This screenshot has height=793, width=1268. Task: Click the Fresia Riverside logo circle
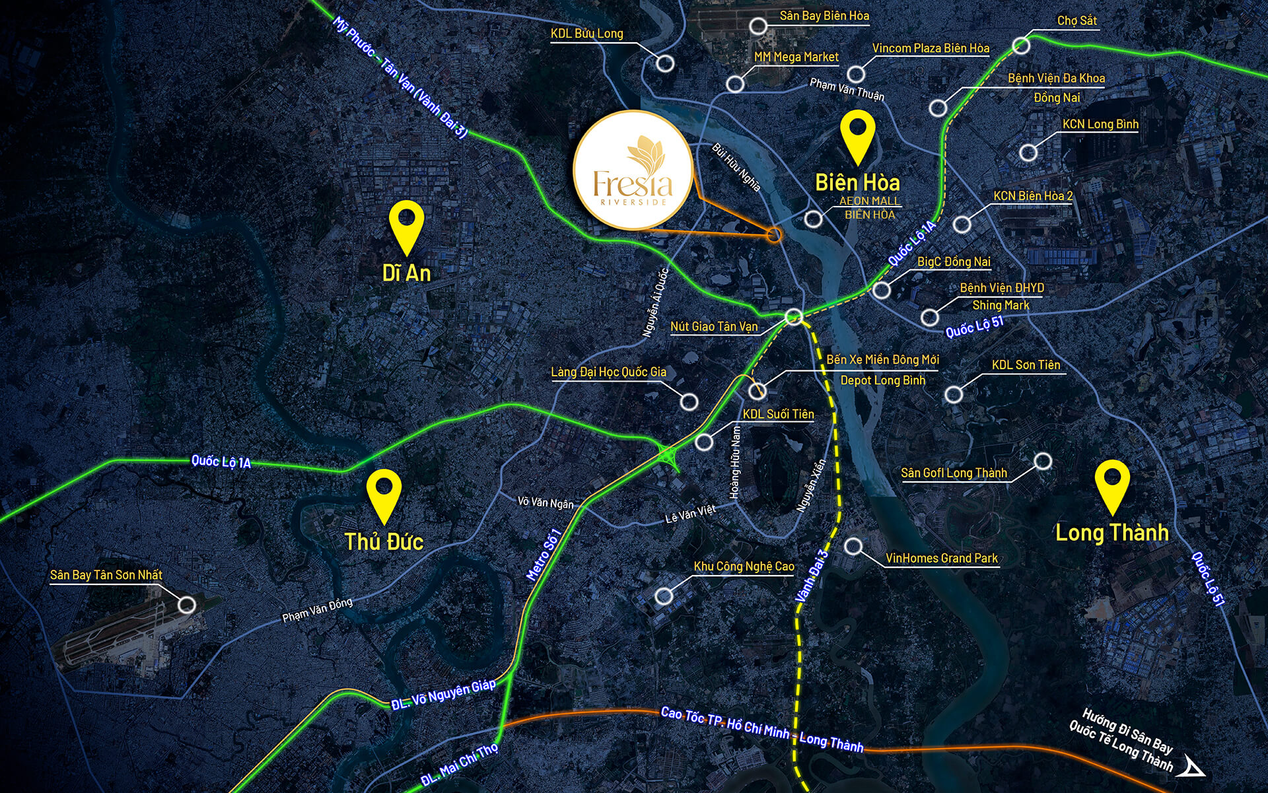[x=633, y=170]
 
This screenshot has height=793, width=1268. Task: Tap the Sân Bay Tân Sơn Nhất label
[x=106, y=575]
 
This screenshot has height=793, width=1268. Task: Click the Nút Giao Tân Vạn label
[x=714, y=326]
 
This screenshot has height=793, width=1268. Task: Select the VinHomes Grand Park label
[x=941, y=559]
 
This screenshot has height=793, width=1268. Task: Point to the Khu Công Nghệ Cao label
[x=744, y=567]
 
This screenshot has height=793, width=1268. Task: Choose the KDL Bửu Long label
[x=586, y=34]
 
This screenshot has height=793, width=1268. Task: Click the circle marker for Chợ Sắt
[x=1021, y=46]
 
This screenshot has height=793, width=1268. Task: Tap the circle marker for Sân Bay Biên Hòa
[x=758, y=26]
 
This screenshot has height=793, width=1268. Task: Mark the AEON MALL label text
[x=869, y=201]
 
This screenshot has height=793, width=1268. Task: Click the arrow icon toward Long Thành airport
[x=1193, y=767]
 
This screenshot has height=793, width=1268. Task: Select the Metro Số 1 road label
[x=544, y=555]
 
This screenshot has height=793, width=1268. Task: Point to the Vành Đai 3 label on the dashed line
[x=811, y=576]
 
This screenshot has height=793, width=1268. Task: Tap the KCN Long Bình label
[x=1100, y=124]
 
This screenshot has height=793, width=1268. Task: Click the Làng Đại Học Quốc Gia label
[x=608, y=372]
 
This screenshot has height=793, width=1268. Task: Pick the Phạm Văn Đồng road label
[x=317, y=609]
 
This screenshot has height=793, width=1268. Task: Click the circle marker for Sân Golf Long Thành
[x=1043, y=461]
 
